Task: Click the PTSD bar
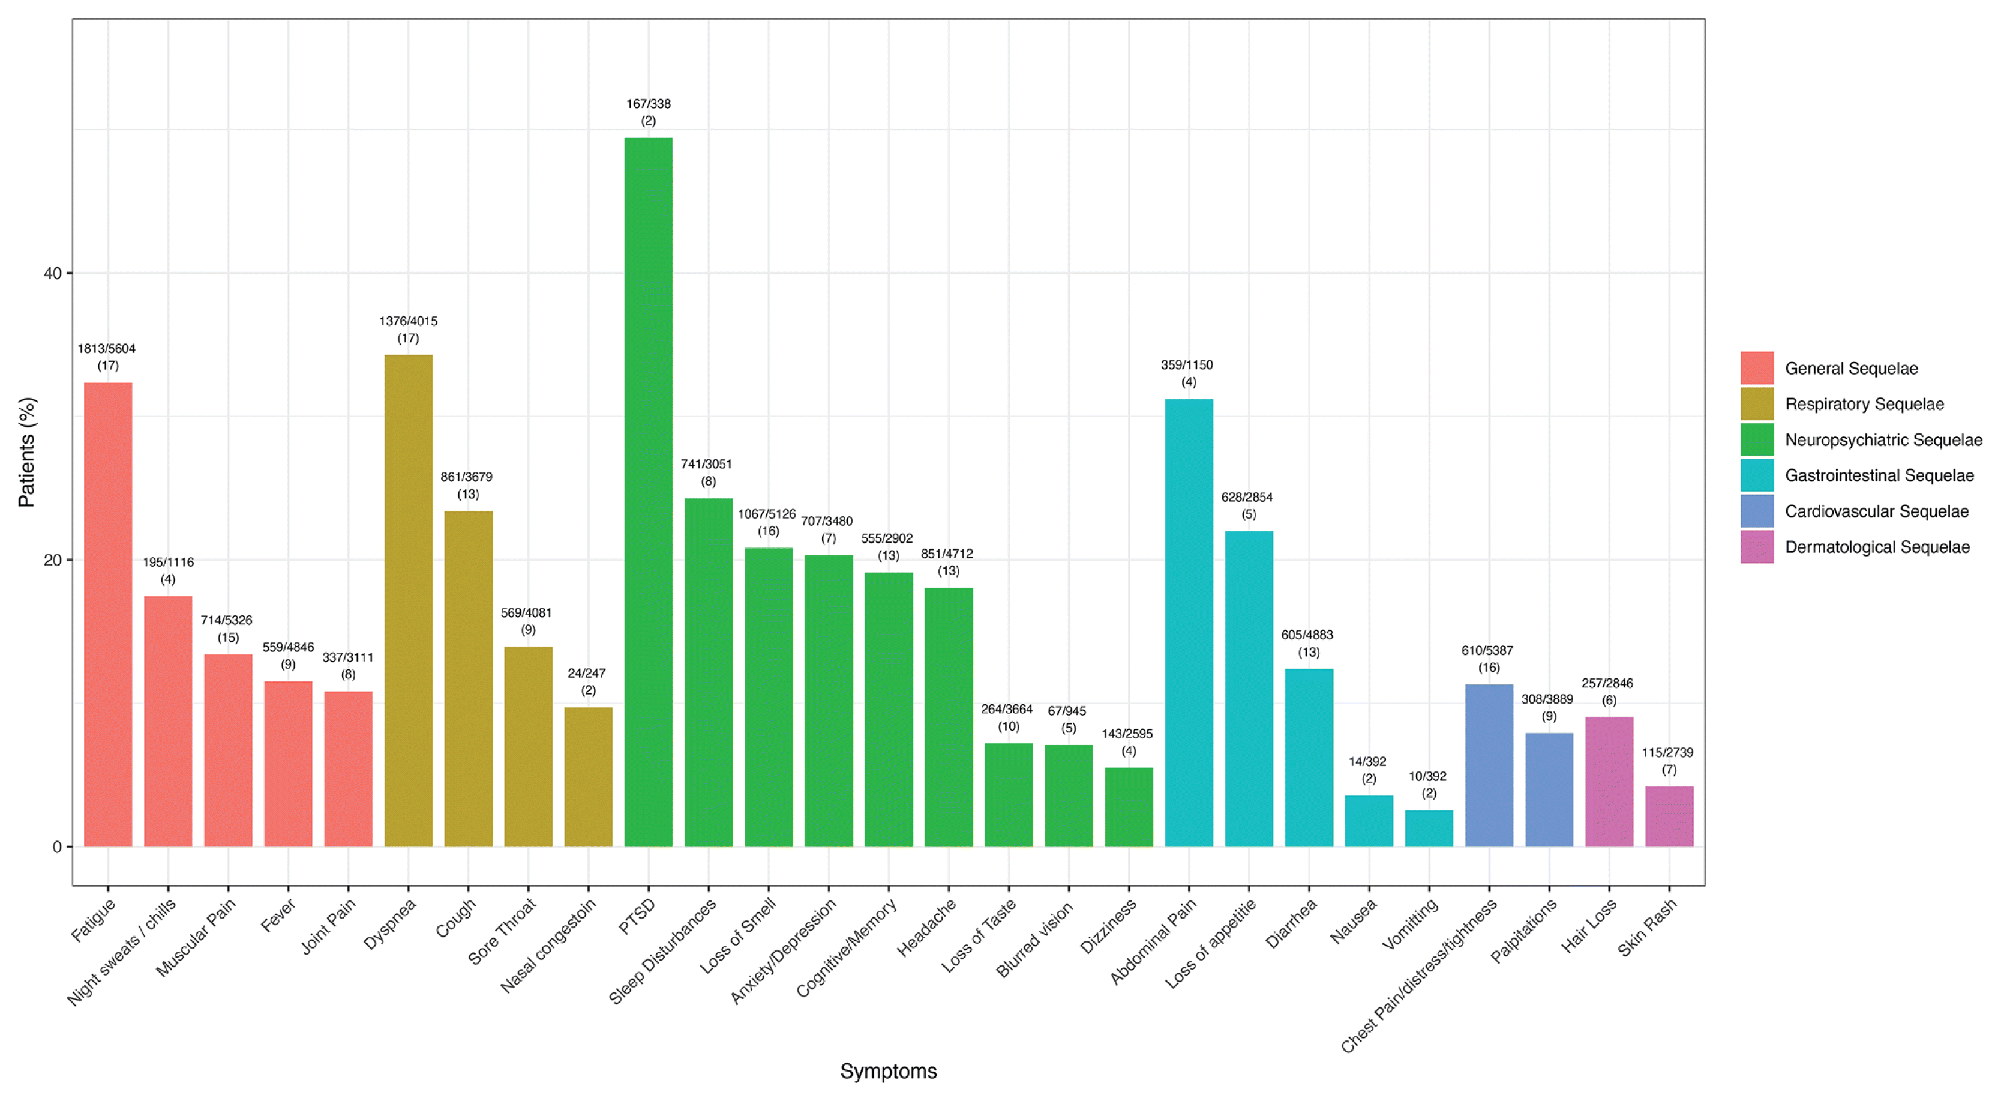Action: [649, 492]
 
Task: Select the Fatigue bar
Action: [108, 615]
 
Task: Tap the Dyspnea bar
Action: [409, 600]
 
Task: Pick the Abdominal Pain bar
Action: [1189, 623]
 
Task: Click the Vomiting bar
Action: [1429, 828]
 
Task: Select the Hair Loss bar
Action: [1609, 782]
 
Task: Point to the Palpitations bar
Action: [1549, 789]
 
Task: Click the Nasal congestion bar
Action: [588, 777]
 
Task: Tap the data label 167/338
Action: [649, 104]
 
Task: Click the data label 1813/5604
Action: [106, 349]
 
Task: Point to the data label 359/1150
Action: [1187, 365]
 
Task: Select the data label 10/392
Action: [1428, 776]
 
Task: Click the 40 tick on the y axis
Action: [52, 273]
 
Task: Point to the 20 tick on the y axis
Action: [52, 560]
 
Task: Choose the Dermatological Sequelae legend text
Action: [1877, 547]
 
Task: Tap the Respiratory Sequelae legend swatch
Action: [1757, 404]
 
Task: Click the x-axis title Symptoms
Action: [889, 1072]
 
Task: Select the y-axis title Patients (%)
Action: [27, 452]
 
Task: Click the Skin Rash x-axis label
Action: [1648, 927]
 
